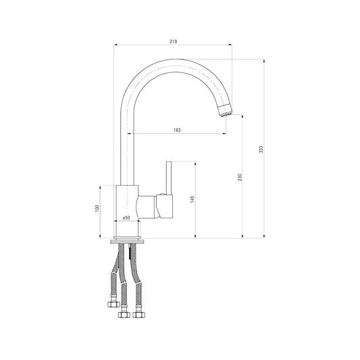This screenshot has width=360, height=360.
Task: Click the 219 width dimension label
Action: (x=174, y=42)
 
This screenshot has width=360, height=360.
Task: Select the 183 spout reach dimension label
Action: (x=177, y=130)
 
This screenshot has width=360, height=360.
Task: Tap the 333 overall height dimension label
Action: (x=261, y=149)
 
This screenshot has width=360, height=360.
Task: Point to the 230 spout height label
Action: (x=240, y=177)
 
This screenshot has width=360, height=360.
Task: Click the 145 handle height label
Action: (x=192, y=199)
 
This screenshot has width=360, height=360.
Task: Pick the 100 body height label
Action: (x=97, y=208)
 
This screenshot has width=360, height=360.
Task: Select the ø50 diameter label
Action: (x=126, y=217)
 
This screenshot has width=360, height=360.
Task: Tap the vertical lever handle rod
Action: (x=169, y=178)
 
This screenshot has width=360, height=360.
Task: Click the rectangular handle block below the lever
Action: (x=164, y=206)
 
